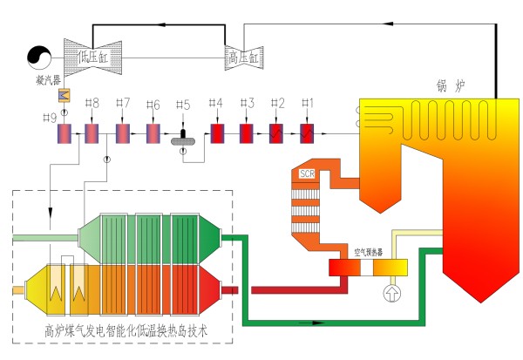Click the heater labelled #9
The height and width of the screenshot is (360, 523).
pos(64,134)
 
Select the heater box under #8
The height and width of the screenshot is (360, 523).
pos(92,134)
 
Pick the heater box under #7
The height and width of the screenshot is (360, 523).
pos(123,134)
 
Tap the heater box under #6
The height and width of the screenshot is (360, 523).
pos(153,134)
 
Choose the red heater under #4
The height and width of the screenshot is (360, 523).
pos(216,134)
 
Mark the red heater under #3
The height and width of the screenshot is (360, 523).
pos(247,134)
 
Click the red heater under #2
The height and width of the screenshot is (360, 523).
pos(276,134)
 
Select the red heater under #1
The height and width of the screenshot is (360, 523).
pos(307,134)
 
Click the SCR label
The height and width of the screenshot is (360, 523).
pos(307,174)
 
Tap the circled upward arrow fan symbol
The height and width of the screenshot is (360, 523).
pos(390,292)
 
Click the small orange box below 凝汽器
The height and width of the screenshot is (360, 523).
pos(63,95)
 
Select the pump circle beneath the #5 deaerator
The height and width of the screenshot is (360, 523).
pos(183,151)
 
